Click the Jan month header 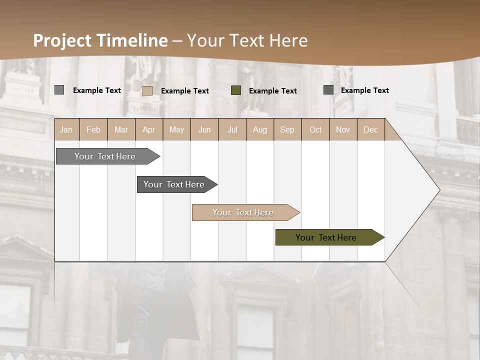[66, 129]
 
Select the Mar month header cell [121, 129]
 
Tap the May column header [176, 129]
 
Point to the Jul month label [232, 129]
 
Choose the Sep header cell [287, 129]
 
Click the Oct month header [315, 129]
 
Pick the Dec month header [370, 129]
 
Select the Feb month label [93, 129]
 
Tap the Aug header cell [259, 129]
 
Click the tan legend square [147, 90]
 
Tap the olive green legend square [236, 90]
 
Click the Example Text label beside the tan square [185, 91]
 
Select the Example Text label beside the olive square [273, 91]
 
